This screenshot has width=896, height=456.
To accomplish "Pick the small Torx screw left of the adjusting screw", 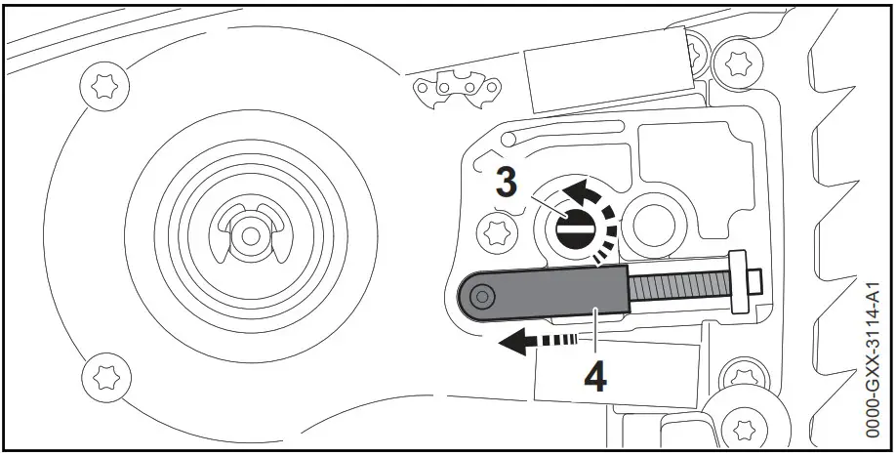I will pyautogui.click(x=494, y=231).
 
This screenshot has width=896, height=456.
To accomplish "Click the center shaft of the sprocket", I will pyautogui.click(x=251, y=235).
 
